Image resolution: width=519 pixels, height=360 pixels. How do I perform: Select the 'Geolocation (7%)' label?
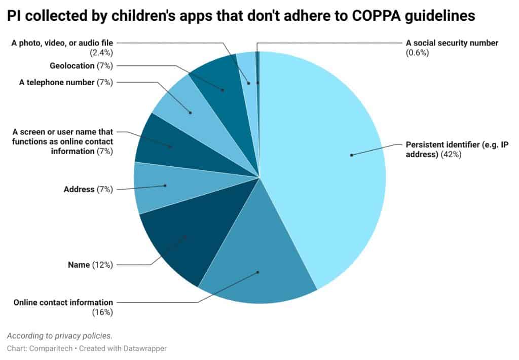point(81,65)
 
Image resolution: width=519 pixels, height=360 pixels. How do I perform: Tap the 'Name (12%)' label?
point(90,265)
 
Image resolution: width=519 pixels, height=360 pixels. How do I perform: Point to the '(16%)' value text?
point(102,312)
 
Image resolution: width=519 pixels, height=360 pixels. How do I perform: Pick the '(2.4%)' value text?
point(102,52)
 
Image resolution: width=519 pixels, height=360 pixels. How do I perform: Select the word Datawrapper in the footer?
point(143,348)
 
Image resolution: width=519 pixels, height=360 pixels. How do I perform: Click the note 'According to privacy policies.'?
point(60,336)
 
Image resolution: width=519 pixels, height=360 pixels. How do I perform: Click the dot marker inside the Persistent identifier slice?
point(351,155)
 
